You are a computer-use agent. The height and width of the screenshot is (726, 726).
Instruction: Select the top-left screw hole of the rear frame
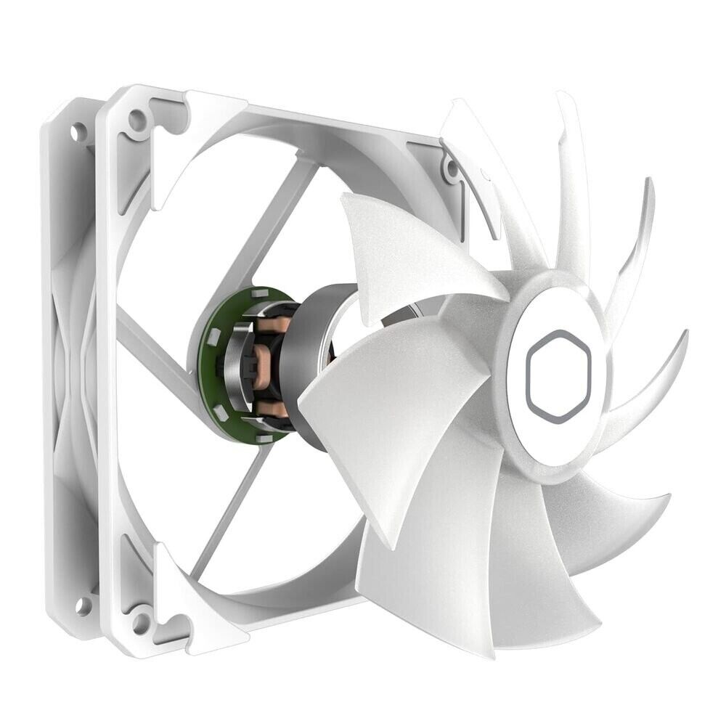(x=76, y=132)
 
